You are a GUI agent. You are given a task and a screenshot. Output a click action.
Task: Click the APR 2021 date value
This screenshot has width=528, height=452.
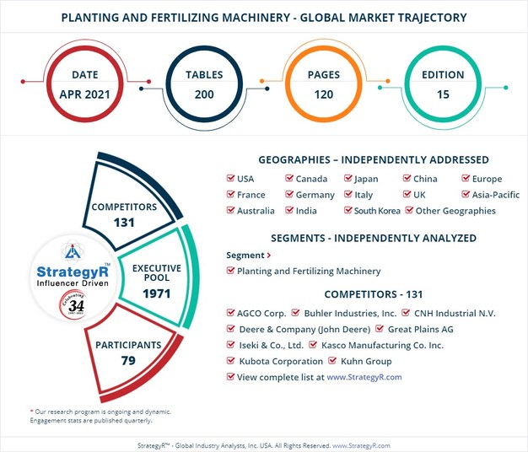click(x=84, y=94)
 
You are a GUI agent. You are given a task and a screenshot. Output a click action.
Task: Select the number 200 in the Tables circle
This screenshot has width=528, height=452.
click(x=203, y=94)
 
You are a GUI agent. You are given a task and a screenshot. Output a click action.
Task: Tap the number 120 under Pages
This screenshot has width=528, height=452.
click(x=324, y=94)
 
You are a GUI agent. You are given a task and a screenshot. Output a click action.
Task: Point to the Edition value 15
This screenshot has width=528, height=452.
click(x=444, y=94)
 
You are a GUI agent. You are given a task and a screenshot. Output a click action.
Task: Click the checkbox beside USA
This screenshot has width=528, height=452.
click(x=231, y=179)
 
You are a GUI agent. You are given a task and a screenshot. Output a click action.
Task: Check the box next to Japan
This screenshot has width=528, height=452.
click(x=348, y=179)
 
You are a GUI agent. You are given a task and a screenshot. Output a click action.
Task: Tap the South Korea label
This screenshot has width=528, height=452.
click(x=377, y=211)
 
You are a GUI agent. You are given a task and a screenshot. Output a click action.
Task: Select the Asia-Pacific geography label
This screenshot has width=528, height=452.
click(x=494, y=195)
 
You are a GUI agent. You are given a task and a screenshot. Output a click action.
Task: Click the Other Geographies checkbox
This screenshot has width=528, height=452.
click(x=410, y=211)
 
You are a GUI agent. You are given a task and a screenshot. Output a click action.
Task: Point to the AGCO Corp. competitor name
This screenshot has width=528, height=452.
click(x=261, y=313)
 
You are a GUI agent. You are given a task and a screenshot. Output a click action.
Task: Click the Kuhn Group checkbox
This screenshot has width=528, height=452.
click(x=335, y=361)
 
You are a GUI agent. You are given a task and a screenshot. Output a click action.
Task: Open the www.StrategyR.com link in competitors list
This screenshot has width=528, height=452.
click(x=364, y=377)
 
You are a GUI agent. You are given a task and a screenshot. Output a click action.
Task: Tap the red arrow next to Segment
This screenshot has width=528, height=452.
click(x=268, y=255)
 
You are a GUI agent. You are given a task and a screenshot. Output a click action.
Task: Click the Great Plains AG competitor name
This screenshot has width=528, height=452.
click(x=422, y=329)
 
